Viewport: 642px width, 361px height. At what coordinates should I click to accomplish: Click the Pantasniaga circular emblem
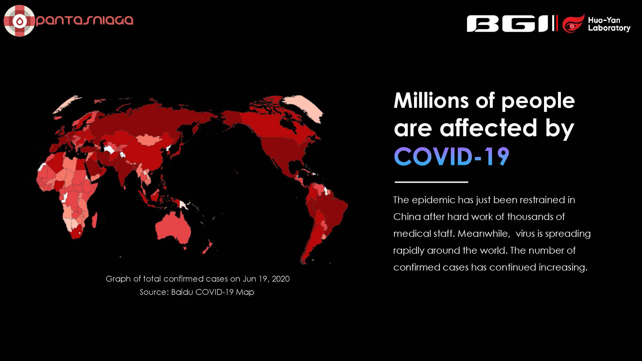pos(19,21)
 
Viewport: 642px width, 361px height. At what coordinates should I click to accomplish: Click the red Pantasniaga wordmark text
pos(85,21)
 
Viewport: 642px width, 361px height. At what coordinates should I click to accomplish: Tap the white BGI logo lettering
pos(509,24)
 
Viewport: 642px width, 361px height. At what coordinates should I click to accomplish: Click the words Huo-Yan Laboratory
pos(609,24)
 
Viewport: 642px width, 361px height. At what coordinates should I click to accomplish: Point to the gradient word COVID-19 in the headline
pos(452,156)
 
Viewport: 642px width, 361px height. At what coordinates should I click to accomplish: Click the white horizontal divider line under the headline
pos(431,182)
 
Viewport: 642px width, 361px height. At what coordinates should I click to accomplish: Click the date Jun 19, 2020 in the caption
pos(266,279)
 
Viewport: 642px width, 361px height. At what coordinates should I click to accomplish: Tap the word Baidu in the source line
pos(182,292)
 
